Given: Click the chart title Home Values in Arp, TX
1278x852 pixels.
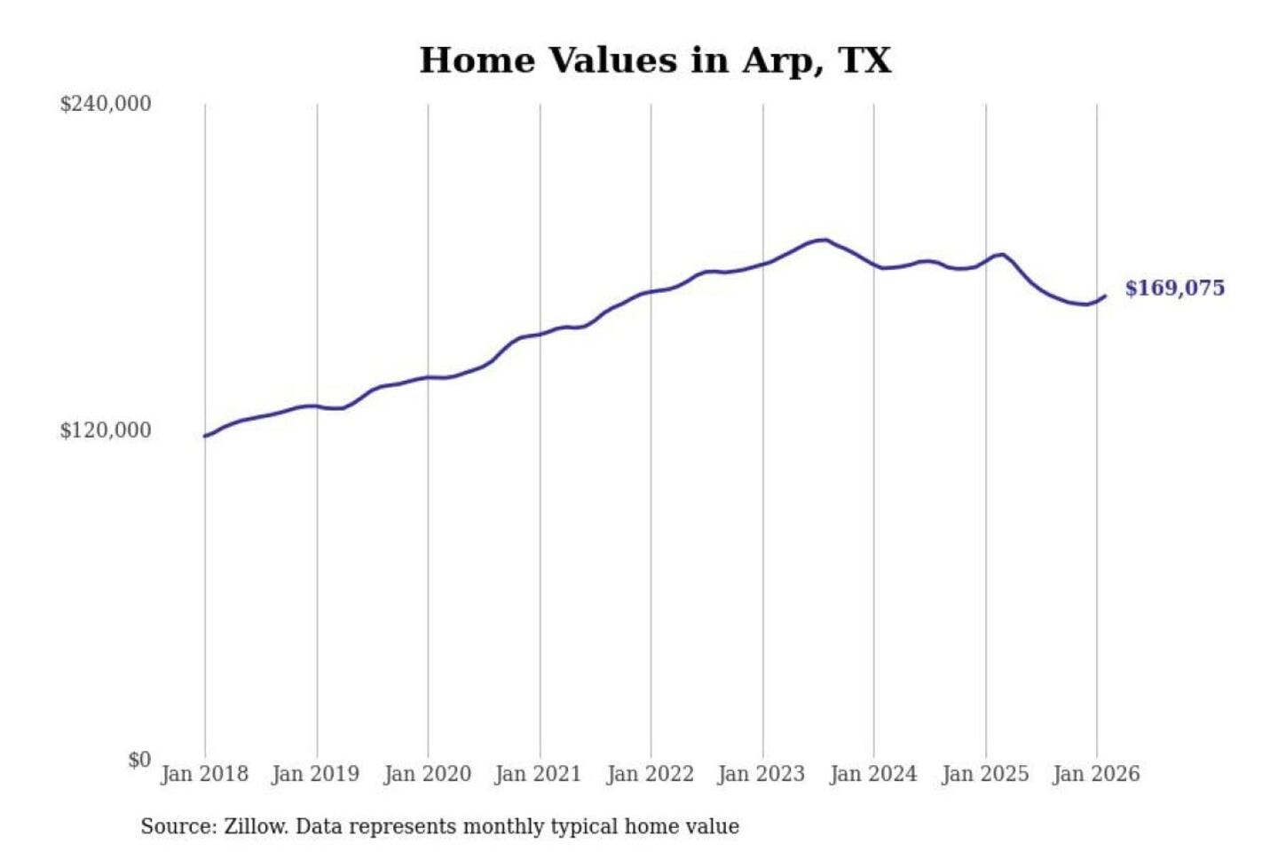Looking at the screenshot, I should tap(655, 60).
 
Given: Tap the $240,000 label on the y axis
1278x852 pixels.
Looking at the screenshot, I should tap(106, 104).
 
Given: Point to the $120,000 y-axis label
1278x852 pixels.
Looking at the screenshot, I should tap(106, 430).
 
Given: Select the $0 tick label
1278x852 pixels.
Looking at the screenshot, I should tap(139, 760).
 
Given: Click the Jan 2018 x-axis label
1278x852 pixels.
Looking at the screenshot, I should tap(204, 774).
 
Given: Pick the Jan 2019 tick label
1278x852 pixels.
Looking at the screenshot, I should tap(315, 774).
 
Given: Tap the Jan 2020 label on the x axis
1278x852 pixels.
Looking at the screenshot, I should tap(427, 774).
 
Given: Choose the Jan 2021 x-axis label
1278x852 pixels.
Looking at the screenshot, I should tap(538, 774).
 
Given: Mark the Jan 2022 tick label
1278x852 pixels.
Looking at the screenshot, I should tap(650, 774).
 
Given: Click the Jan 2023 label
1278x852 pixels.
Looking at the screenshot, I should tap(761, 774).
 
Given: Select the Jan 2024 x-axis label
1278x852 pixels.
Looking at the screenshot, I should tap(872, 774).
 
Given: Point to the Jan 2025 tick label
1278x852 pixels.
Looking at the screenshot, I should tap(984, 774).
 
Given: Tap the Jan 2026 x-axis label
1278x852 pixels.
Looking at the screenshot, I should tap(1095, 774).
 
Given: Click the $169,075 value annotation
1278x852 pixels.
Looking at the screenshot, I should tap(1174, 288).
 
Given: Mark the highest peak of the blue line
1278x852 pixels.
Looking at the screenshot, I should tap(824, 240).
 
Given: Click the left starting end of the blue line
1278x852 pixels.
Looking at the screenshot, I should tap(205, 436).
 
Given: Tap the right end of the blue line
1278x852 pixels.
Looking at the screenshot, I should tap(1105, 296).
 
